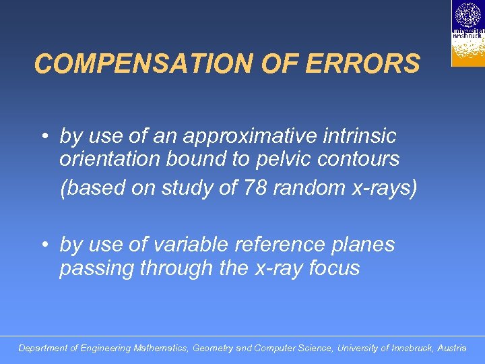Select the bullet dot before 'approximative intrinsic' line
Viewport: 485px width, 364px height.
[42, 137]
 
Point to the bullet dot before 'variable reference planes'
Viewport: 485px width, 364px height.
[42, 245]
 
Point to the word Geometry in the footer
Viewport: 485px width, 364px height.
[213, 348]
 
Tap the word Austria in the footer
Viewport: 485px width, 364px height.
[451, 348]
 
